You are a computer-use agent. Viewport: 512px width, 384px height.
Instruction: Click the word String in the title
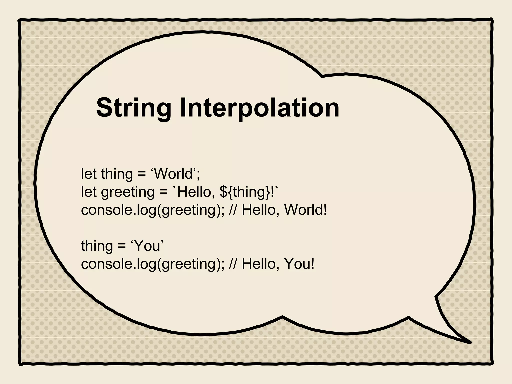[134, 108]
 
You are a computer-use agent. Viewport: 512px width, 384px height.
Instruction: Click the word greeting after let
[128, 192]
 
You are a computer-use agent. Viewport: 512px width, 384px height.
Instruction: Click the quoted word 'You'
[147, 246]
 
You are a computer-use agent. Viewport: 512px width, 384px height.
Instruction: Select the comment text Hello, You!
[278, 264]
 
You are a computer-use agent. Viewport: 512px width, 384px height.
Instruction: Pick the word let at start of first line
[89, 174]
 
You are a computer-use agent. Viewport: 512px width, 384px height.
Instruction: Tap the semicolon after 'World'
[198, 175]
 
